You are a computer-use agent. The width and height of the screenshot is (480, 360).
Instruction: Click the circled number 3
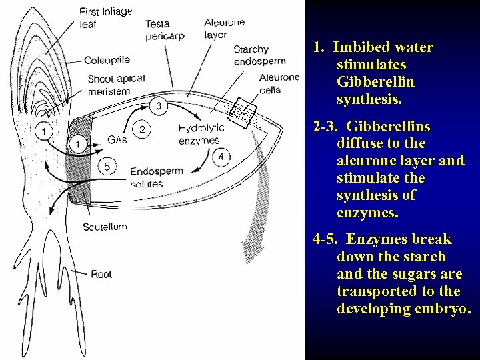click(x=158, y=105)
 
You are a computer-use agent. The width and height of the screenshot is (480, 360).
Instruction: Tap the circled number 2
click(x=142, y=129)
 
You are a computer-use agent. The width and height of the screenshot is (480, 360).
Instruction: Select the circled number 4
click(x=221, y=157)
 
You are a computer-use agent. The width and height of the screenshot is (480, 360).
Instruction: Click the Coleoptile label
click(x=106, y=60)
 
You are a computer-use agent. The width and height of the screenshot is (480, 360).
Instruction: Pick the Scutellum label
click(x=105, y=227)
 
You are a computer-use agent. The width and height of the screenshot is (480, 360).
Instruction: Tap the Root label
click(x=101, y=274)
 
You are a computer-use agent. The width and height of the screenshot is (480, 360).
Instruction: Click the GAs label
click(x=117, y=140)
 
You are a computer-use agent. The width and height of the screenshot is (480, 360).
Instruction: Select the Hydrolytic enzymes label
click(x=200, y=134)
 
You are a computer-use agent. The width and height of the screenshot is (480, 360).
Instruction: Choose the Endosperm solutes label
click(x=156, y=177)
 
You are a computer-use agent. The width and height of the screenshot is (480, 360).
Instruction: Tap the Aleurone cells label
click(x=279, y=83)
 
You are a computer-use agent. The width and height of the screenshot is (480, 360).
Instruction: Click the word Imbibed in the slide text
click(x=364, y=47)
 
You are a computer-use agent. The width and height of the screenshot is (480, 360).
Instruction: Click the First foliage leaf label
click(x=105, y=17)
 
